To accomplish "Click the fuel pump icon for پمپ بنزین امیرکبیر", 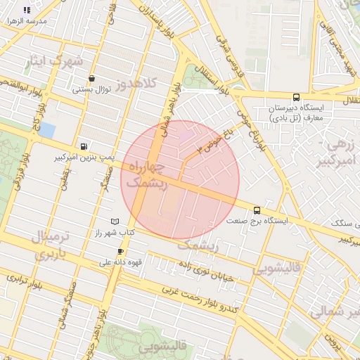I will (84, 147).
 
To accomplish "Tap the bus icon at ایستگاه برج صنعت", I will (257, 210).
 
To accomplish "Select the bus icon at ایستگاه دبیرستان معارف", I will (295, 98).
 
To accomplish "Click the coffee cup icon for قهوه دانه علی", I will (120, 252).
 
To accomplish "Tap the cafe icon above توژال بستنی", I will (91, 79).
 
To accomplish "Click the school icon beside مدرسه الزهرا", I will (27, 11).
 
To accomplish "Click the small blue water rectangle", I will (47, 130).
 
